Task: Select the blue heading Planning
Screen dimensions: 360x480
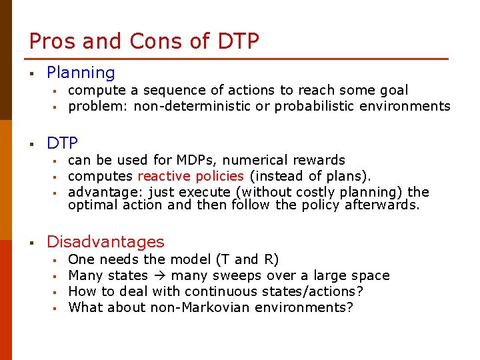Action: (81, 73)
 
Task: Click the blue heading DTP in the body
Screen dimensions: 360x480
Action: (62, 143)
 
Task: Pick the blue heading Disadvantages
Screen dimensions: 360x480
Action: (105, 241)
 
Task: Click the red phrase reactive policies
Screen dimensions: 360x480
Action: (191, 176)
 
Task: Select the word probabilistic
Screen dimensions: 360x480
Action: (316, 106)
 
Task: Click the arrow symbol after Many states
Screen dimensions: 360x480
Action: (159, 275)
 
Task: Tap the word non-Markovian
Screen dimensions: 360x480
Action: (194, 307)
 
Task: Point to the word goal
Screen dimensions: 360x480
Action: (392, 90)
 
